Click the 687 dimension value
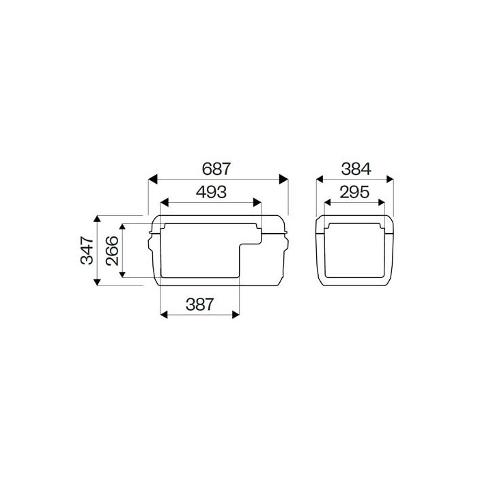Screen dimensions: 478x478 coord(218,168)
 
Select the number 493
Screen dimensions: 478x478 coord(211,192)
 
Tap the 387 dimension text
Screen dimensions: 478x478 coord(200,305)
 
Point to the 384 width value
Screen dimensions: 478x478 coord(355,168)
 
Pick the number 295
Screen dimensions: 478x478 coord(355,192)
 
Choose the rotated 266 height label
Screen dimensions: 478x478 coord(111,250)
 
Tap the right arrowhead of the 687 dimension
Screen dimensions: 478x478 coord(283,179)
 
